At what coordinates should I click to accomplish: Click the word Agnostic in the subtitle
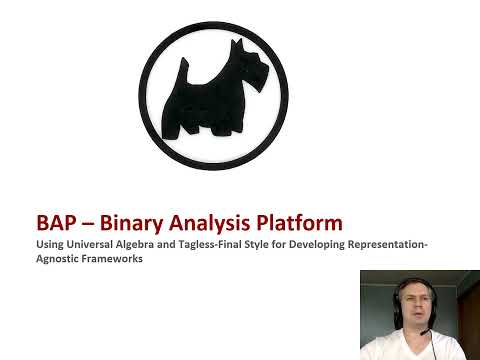tap(60, 258)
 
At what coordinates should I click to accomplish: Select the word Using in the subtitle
tap(49, 244)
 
